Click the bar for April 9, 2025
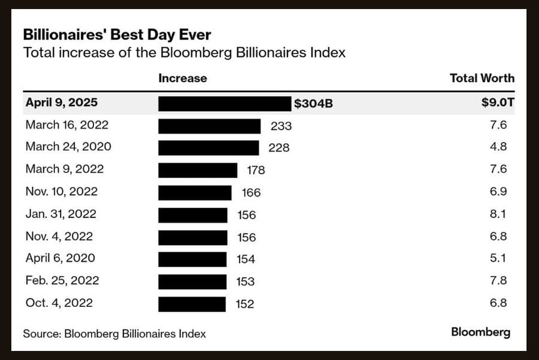click(225, 103)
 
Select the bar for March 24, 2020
click(208, 147)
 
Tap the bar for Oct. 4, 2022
click(192, 304)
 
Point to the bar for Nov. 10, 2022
click(195, 192)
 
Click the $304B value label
click(313, 104)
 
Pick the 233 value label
click(281, 126)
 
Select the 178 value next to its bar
click(256, 170)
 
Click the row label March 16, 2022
click(66, 125)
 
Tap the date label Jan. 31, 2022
click(60, 214)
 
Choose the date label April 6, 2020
click(60, 258)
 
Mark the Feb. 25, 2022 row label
click(62, 280)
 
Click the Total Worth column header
click(482, 78)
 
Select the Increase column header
click(183, 78)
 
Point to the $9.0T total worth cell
click(498, 102)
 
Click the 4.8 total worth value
click(498, 147)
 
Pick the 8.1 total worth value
click(498, 214)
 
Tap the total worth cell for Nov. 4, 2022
click(498, 237)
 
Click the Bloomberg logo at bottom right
click(480, 332)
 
